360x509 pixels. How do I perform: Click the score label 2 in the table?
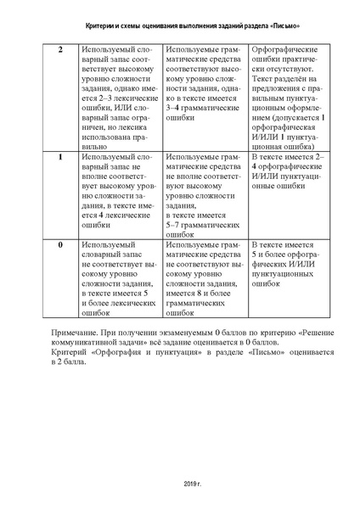click(59, 50)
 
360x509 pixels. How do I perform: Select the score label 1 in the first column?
click(59, 159)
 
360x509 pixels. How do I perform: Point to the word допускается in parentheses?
click(297, 111)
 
